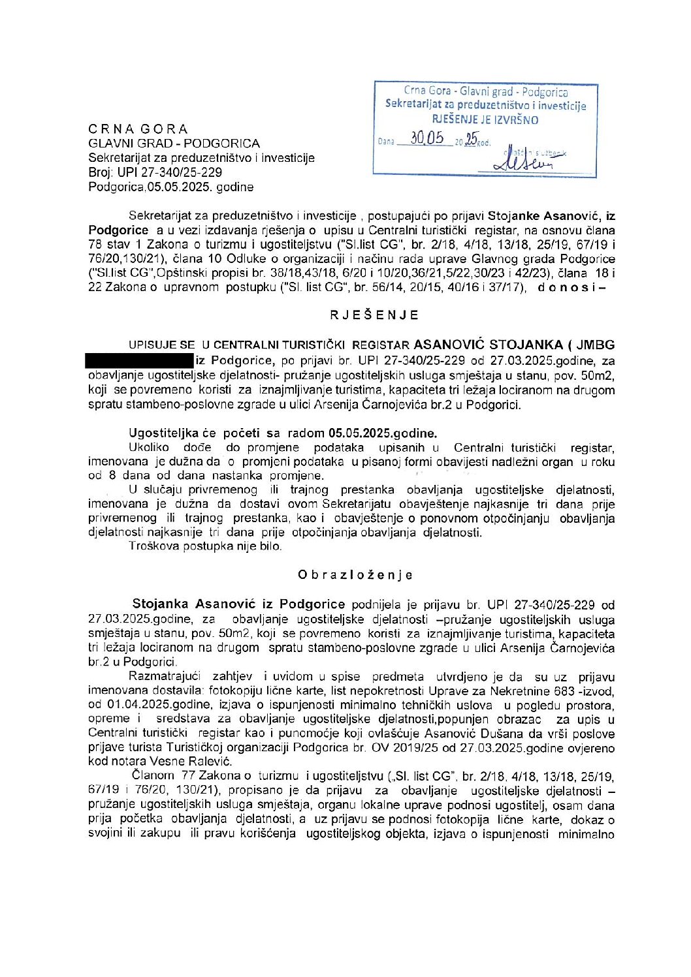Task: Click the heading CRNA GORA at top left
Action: (138, 129)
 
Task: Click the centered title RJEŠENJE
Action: (374, 315)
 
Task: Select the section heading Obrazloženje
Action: (355, 575)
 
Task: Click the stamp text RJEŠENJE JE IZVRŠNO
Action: (485, 119)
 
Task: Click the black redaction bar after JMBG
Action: (139, 360)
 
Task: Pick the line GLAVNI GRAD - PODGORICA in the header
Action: (174, 143)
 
